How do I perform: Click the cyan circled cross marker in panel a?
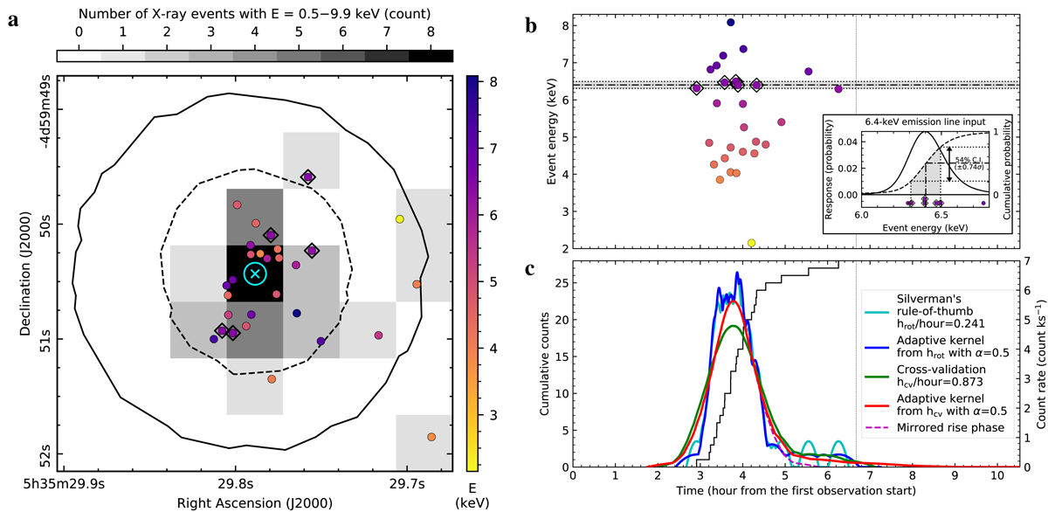coord(255,273)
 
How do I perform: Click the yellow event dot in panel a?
coord(399,218)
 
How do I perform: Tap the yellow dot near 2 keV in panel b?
coord(751,242)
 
